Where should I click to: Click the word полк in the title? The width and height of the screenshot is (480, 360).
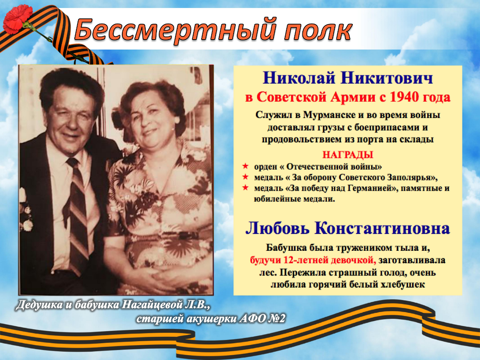(318, 31)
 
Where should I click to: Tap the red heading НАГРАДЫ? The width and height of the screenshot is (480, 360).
(348, 155)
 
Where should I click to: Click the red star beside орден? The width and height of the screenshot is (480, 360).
(245, 166)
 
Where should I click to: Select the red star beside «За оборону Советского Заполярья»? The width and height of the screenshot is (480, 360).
(245, 177)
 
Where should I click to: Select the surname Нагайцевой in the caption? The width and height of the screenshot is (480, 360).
(152, 305)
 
